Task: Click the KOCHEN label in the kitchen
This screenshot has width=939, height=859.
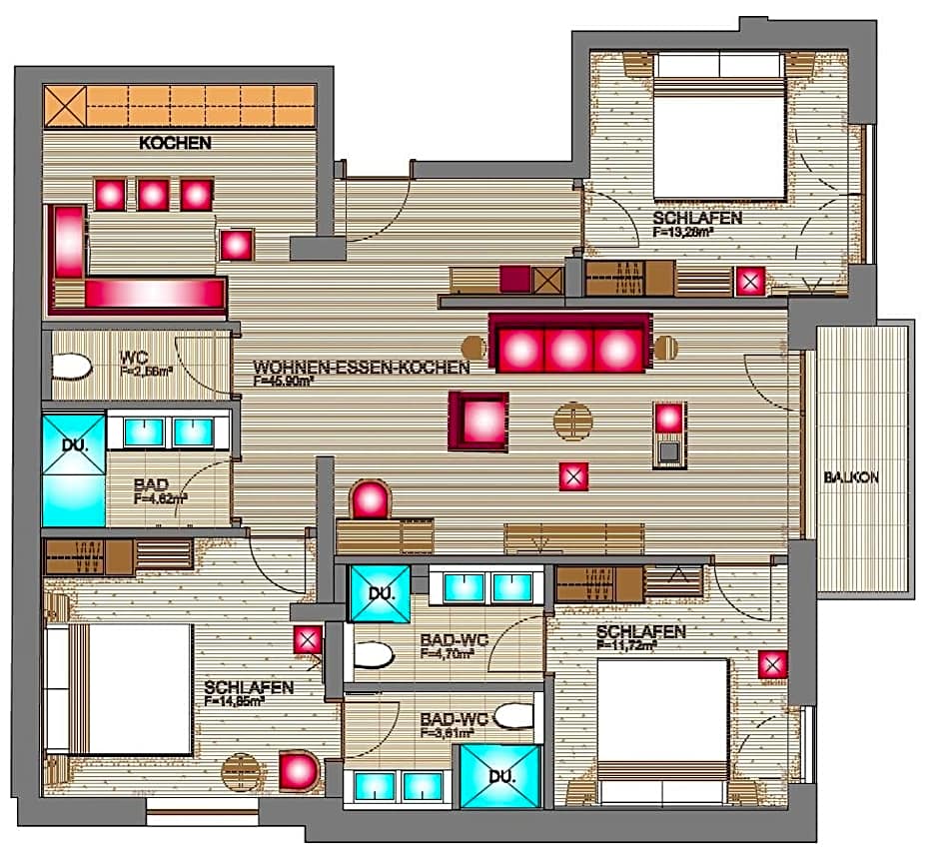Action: pyautogui.click(x=176, y=143)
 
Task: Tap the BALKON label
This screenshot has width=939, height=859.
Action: pyautogui.click(x=851, y=477)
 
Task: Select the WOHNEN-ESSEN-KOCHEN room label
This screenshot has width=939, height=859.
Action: pyautogui.click(x=362, y=368)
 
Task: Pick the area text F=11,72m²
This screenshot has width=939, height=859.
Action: pyautogui.click(x=626, y=646)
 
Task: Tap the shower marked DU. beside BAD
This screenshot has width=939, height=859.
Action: pyautogui.click(x=74, y=469)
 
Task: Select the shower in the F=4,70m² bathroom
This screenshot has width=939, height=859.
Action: pyautogui.click(x=380, y=593)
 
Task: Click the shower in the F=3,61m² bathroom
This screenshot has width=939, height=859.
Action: pyautogui.click(x=499, y=775)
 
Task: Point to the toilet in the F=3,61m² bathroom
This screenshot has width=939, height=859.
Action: pyautogui.click(x=513, y=716)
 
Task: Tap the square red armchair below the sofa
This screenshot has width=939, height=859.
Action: pyautogui.click(x=478, y=421)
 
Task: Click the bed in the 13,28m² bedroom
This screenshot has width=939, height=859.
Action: pyautogui.click(x=719, y=138)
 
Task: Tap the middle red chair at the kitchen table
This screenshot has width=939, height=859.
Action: pyautogui.click(x=153, y=194)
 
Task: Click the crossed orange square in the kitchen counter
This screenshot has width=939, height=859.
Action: pyautogui.click(x=65, y=107)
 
